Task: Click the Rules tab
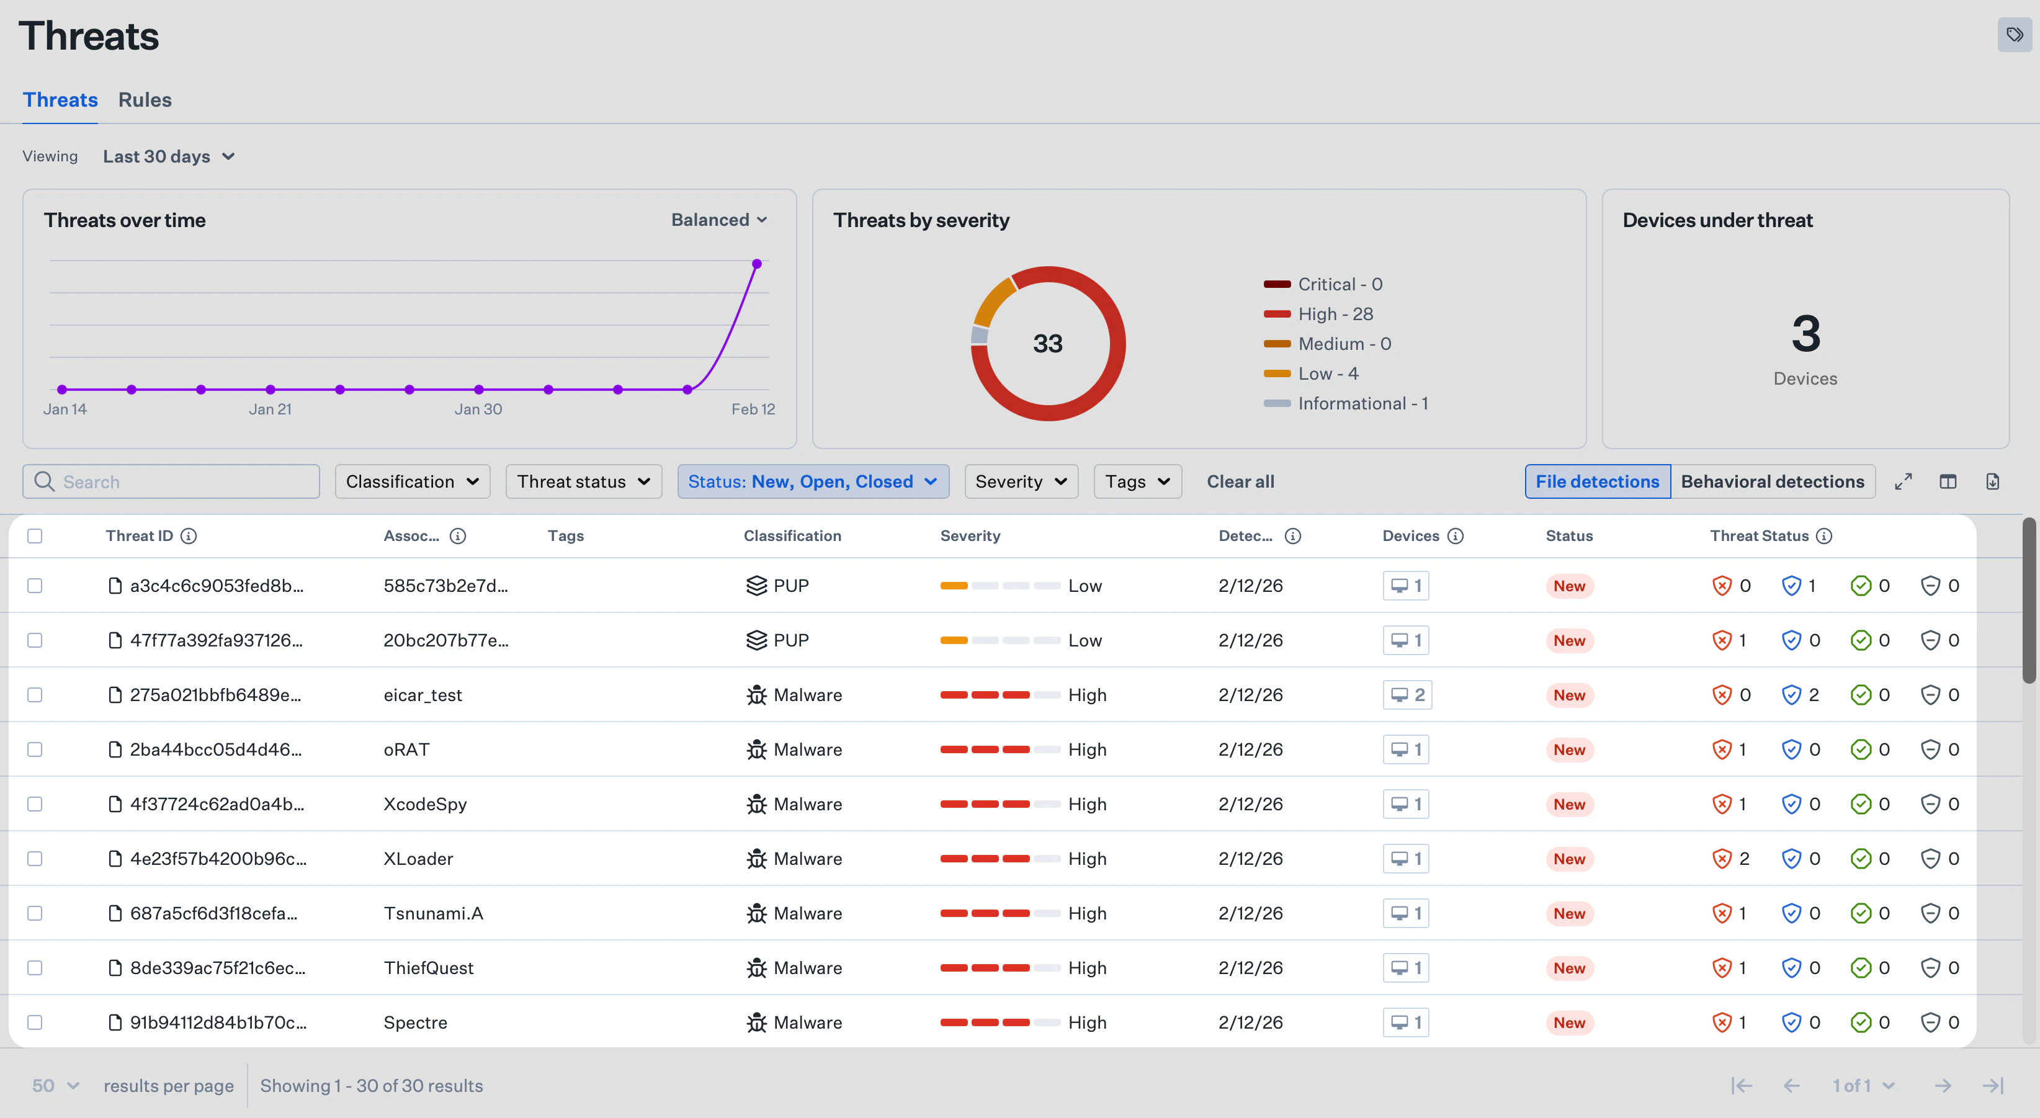click(x=145, y=100)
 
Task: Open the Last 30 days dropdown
click(x=169, y=157)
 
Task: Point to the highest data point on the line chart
click(x=756, y=264)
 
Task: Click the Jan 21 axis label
click(x=270, y=409)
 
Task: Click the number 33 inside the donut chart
click(x=1047, y=344)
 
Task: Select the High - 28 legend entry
click(x=1335, y=315)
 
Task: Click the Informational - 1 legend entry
click(x=1361, y=404)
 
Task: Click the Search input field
click(x=182, y=481)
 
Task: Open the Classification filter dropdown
click(x=412, y=481)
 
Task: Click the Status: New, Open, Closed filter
click(x=813, y=481)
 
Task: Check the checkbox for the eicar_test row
click(x=35, y=695)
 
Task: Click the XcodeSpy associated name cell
click(x=425, y=805)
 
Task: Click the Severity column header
click(x=970, y=536)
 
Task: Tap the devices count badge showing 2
click(x=1407, y=695)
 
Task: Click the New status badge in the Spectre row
click(x=1569, y=1023)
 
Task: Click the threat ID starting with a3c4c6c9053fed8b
click(x=216, y=586)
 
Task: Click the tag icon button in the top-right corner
click(x=2014, y=35)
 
